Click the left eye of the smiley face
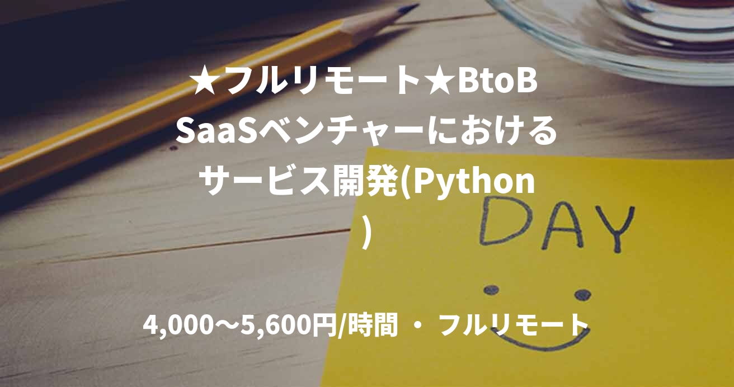[491, 290]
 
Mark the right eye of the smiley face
[582, 294]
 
